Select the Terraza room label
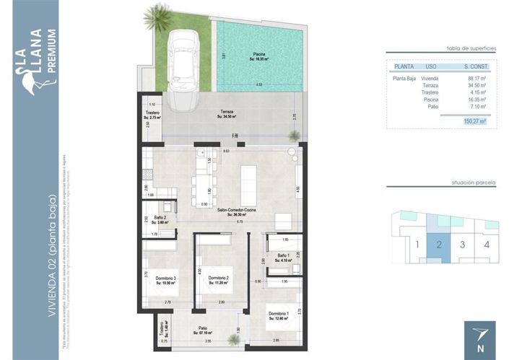[x=228, y=114]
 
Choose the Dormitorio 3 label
[x=165, y=280]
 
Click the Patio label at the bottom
[x=202, y=330]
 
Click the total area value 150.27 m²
[x=474, y=122]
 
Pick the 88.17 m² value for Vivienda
[x=477, y=78]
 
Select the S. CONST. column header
[x=476, y=66]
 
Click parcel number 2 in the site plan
[x=438, y=244]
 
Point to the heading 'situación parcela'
[x=473, y=185]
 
